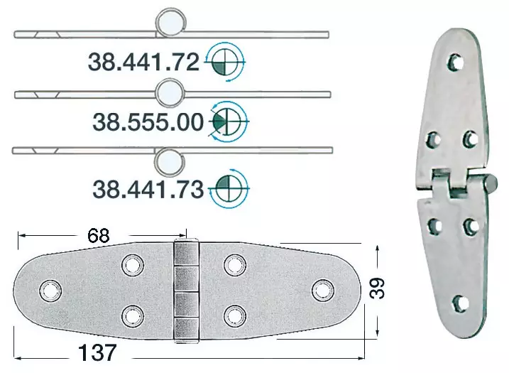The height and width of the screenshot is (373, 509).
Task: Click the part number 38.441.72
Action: [143, 63]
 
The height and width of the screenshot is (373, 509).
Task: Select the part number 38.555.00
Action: [148, 123]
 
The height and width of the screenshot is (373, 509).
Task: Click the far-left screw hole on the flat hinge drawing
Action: [49, 291]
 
